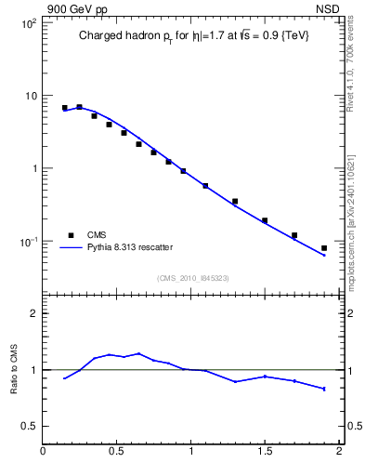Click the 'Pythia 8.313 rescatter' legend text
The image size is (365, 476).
[x=129, y=247]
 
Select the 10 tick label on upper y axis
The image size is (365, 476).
[x=31, y=96]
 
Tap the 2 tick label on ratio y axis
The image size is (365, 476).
[x=33, y=314]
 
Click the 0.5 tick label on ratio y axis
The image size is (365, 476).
[x=30, y=426]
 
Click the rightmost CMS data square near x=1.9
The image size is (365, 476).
[x=324, y=248]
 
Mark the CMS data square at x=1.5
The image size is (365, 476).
[x=265, y=220]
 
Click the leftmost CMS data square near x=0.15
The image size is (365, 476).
[x=65, y=108]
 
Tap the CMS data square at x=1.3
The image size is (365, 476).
[x=235, y=201]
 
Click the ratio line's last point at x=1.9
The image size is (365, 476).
[x=324, y=389]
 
